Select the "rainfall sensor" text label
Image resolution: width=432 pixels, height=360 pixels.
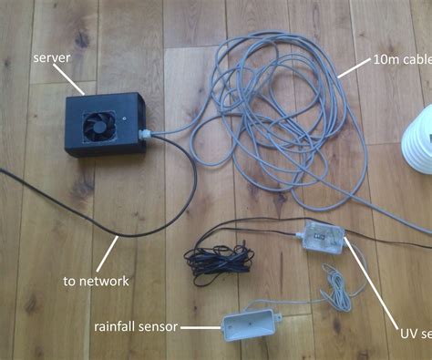137,325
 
